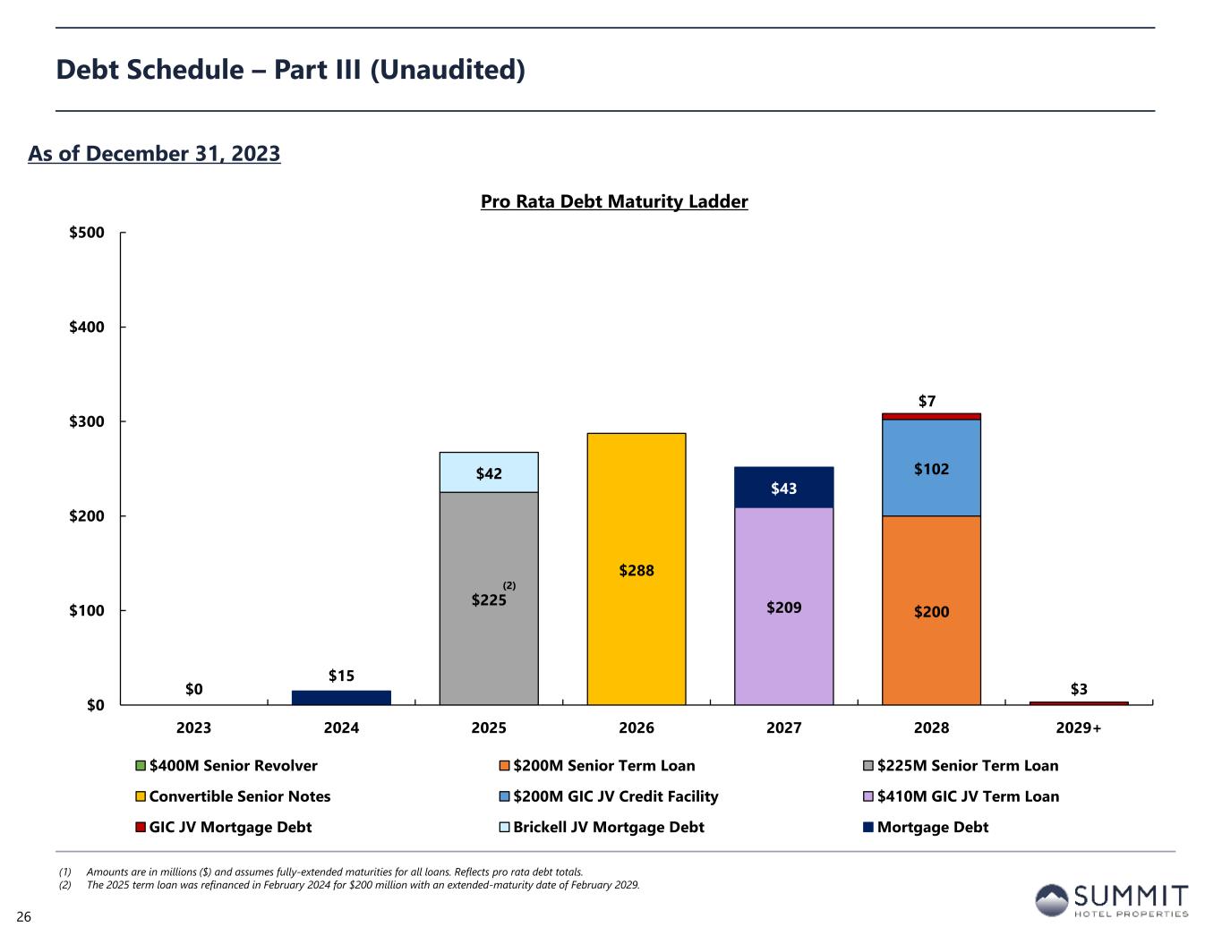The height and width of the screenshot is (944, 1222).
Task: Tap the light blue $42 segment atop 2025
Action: tap(489, 472)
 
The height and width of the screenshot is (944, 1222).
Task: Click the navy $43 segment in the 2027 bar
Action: tap(783, 488)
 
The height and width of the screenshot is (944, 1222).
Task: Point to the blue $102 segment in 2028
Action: tap(931, 468)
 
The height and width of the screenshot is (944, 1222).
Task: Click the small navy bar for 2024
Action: tap(341, 698)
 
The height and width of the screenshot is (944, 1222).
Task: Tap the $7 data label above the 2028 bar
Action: tap(927, 402)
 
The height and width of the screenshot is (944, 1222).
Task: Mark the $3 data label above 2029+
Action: tap(1080, 689)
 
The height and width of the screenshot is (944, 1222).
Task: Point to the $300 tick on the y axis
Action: tap(87, 421)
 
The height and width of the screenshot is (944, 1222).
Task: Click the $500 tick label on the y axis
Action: tap(87, 233)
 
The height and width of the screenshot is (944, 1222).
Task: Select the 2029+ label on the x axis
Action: tap(1079, 728)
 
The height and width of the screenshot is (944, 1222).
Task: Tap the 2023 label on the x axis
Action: tap(194, 728)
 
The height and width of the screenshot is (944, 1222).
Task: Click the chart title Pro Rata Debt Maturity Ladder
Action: tap(614, 202)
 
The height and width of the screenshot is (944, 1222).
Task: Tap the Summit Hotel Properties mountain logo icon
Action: tap(1051, 899)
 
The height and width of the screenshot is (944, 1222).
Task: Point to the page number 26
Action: tap(23, 917)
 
